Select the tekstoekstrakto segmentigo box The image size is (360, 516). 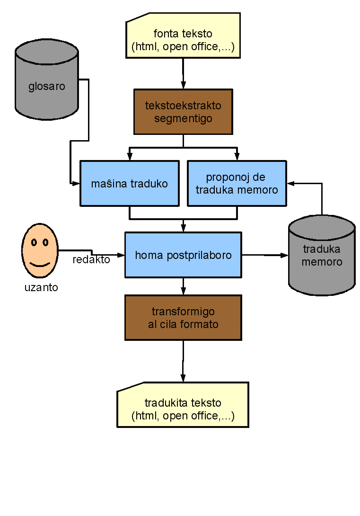tap(183, 112)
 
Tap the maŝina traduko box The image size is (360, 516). tap(129, 183)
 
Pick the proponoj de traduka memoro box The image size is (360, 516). tap(237, 183)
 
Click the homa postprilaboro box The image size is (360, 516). tap(183, 255)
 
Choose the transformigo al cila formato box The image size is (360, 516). tap(183, 318)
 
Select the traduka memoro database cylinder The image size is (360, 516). tap(322, 256)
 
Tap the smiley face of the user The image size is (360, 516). tap(40, 250)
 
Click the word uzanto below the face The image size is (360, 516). tap(41, 287)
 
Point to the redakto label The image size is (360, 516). tap(91, 260)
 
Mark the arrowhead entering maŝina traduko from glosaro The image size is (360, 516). tap(76, 183)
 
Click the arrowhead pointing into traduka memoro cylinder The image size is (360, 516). tap(284, 255)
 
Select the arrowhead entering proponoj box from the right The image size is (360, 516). tap(290, 183)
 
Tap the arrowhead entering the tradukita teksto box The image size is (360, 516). tap(183, 378)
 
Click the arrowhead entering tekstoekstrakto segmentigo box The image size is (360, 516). tap(183, 86)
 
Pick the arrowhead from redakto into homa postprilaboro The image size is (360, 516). tap(121, 255)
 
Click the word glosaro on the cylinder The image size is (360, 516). tap(46, 87)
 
